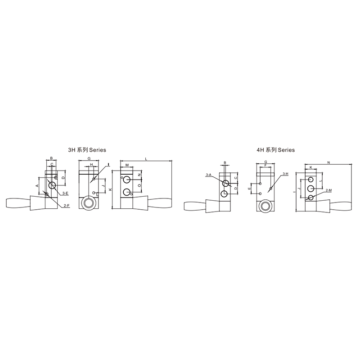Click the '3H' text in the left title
72,150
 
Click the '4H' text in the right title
260,150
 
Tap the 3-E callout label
65,193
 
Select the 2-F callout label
67,206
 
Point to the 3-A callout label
208,175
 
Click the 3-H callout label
285,174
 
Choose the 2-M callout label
329,190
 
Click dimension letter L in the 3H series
146,159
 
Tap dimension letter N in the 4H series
328,162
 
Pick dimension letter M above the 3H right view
127,165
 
